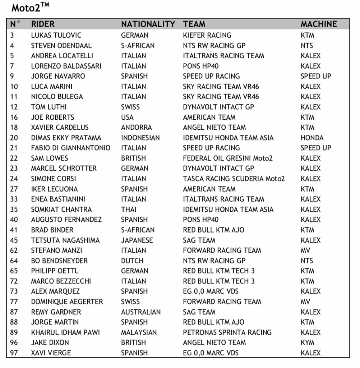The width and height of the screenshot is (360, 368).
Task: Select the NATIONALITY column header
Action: click(x=148, y=24)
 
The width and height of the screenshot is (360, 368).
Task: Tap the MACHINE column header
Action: click(x=319, y=24)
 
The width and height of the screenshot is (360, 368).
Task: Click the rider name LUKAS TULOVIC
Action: click(x=56, y=35)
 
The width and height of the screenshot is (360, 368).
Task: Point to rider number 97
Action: click(x=14, y=353)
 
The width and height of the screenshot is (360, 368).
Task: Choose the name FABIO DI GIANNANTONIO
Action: click(x=70, y=148)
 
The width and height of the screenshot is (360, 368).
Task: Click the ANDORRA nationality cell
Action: click(x=136, y=127)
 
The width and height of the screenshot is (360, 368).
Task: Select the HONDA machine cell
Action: click(x=312, y=138)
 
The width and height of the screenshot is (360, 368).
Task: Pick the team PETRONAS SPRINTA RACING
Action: click(x=227, y=332)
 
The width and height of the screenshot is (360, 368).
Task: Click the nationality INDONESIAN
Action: click(x=140, y=138)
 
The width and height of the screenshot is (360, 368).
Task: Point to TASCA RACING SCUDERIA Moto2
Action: click(x=234, y=179)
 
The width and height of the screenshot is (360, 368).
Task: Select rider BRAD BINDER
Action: click(x=52, y=230)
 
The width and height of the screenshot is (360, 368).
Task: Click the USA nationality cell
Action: click(x=127, y=117)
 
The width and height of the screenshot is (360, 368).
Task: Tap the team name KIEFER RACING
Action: click(x=207, y=35)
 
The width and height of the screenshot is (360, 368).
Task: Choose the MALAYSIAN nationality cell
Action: click(x=139, y=332)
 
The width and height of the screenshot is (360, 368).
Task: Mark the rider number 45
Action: click(x=14, y=240)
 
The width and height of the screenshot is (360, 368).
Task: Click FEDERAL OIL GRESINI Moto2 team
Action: click(x=228, y=158)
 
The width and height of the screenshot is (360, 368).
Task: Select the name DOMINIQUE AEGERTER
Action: click(x=67, y=302)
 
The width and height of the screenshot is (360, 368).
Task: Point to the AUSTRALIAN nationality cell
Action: click(x=140, y=312)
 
